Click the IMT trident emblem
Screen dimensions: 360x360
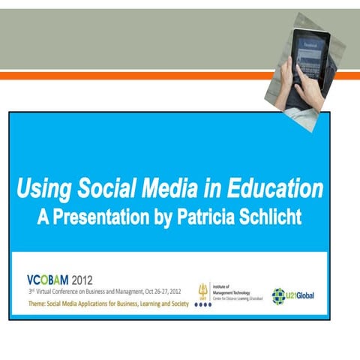pos(202,289)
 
